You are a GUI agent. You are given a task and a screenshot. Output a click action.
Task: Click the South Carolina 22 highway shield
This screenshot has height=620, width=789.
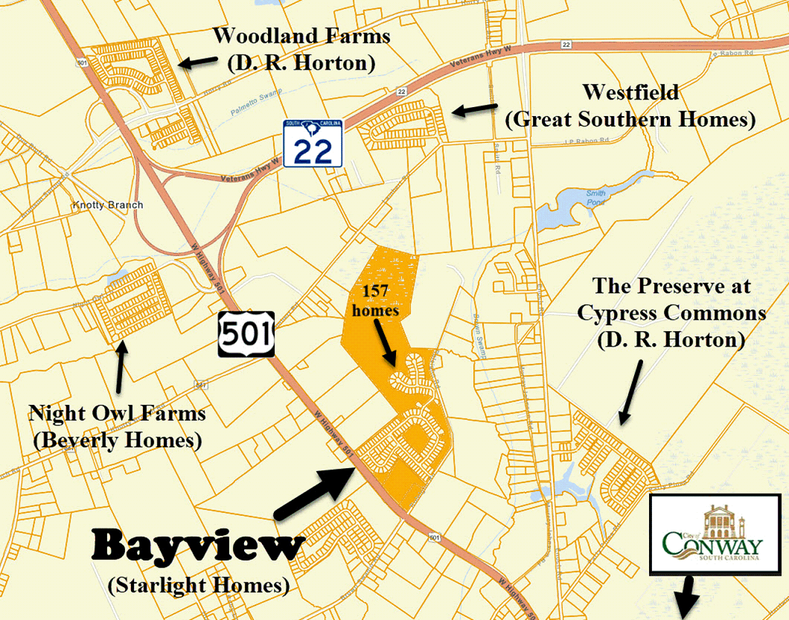click(x=312, y=142)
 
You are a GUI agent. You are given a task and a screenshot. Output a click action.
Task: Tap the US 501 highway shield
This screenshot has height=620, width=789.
click(x=246, y=334)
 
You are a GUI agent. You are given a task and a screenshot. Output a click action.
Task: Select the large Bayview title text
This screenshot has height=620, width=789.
click(x=199, y=547)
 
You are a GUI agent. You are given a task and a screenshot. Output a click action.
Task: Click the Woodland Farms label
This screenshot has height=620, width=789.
click(x=301, y=36)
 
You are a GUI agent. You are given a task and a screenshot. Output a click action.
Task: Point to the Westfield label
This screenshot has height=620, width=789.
click(x=630, y=92)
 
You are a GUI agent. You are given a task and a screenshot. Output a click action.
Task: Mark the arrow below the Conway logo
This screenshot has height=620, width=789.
click(x=686, y=597)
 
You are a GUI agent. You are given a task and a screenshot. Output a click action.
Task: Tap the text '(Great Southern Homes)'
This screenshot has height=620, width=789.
click(x=630, y=119)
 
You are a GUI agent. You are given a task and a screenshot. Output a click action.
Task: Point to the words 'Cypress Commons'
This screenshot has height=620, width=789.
click(x=671, y=313)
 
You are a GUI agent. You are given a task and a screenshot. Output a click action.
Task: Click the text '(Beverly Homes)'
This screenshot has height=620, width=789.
click(x=117, y=441)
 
